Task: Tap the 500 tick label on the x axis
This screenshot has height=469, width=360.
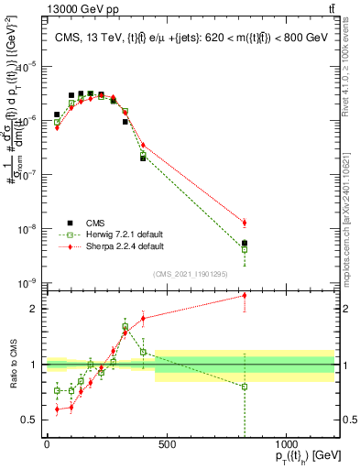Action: pyautogui.click(x=167, y=444)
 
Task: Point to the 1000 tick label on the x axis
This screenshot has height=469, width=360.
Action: pyautogui.click(x=287, y=444)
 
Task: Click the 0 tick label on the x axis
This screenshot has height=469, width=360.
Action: pyautogui.click(x=47, y=444)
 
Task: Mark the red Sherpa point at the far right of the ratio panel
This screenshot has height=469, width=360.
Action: pyautogui.click(x=245, y=295)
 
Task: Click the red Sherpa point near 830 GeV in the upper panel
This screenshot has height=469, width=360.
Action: pyautogui.click(x=245, y=223)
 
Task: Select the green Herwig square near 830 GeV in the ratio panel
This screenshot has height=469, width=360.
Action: pyautogui.click(x=245, y=387)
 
